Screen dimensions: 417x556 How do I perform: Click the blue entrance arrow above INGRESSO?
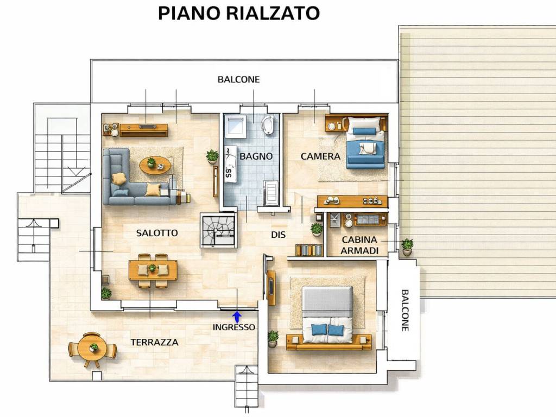pos(236,316)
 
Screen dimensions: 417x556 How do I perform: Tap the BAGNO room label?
pos(256,156)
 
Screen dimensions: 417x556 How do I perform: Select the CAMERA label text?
pos(320,156)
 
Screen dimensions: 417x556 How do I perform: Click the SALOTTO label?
pos(156,233)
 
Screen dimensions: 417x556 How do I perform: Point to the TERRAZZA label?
pos(154,343)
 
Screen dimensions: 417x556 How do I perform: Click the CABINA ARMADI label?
pos(359,245)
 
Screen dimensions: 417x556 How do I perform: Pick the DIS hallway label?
pos(278,235)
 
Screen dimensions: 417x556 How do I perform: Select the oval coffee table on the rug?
pos(155,165)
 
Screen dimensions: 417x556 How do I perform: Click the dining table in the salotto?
pos(153,270)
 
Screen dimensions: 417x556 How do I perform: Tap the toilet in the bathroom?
pos(268,125)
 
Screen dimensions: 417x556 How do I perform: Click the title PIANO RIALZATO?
pos(238,13)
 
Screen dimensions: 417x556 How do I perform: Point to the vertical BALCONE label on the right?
pos(405,311)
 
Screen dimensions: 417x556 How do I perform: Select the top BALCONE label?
pos(238,79)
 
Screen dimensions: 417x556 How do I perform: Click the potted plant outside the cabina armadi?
pos(407,247)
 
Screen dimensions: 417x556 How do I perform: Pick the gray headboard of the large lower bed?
pos(327,299)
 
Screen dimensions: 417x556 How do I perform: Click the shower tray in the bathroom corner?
pos(236,127)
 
